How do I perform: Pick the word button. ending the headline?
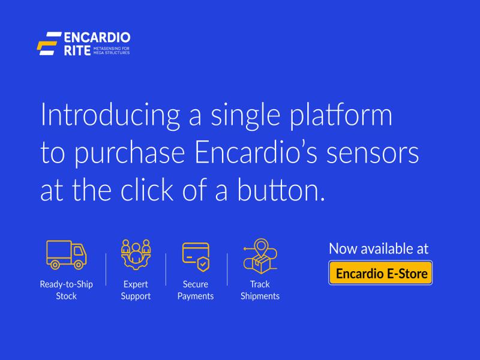284,190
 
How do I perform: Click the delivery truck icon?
66,254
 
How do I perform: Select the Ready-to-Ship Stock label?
66,290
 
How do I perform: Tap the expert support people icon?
136,255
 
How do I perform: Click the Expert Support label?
136,290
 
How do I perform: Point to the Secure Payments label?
196,290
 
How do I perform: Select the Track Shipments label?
260,290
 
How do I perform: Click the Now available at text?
379,248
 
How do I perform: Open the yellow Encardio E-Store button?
380,274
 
